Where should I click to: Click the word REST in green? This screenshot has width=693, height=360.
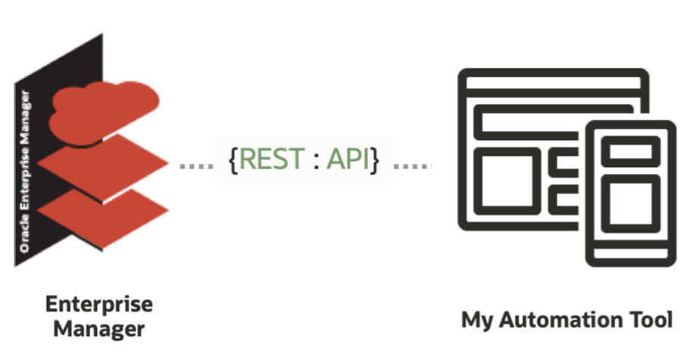pyautogui.click(x=268, y=160)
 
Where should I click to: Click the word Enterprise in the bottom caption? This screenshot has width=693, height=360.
pyautogui.click(x=98, y=304)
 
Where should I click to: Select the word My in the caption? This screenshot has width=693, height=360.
pyautogui.click(x=474, y=320)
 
